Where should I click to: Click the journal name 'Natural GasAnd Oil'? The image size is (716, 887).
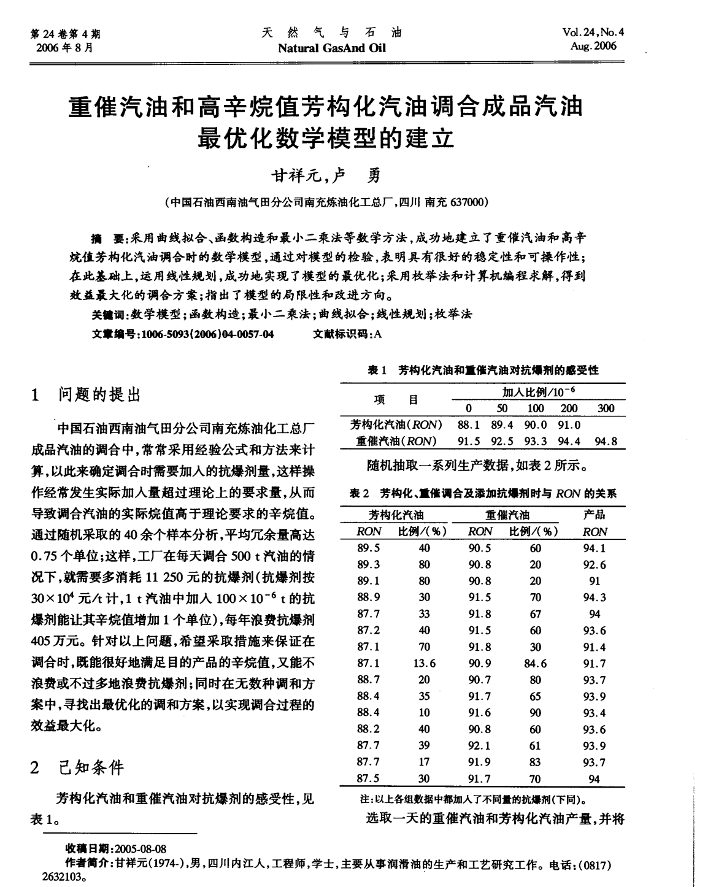click(x=332, y=47)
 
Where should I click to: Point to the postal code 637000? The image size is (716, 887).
click(x=469, y=201)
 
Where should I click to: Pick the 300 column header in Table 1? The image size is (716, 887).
click(x=605, y=409)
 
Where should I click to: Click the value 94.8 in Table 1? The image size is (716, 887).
click(x=606, y=441)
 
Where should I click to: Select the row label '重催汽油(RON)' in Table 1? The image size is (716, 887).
click(x=396, y=441)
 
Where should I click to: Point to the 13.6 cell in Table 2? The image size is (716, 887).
click(x=424, y=663)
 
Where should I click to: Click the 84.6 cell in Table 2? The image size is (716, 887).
click(x=535, y=663)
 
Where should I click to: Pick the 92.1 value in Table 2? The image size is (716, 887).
click(x=479, y=746)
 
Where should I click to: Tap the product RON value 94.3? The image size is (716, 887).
click(x=594, y=597)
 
